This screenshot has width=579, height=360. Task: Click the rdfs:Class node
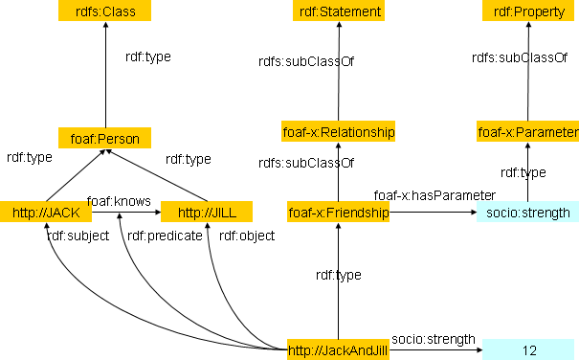[x=105, y=11]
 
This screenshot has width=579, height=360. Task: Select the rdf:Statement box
[x=339, y=11]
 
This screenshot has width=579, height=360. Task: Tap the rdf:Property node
[x=528, y=11]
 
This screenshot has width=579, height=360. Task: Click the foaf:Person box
[x=105, y=138]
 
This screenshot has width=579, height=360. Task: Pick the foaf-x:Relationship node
[x=338, y=131]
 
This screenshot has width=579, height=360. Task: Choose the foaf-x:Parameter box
[x=527, y=131]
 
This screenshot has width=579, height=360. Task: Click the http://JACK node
[x=46, y=212]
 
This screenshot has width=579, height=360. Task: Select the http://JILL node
[x=207, y=212]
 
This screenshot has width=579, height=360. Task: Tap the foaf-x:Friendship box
[x=338, y=212]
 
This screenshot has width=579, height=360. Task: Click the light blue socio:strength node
[x=527, y=212]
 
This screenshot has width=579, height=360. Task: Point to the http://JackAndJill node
[x=338, y=349]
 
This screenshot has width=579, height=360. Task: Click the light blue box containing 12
[x=528, y=349]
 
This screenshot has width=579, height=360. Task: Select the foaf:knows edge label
[x=119, y=201]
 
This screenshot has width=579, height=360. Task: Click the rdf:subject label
[x=78, y=236]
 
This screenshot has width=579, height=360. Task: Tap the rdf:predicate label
[x=165, y=236]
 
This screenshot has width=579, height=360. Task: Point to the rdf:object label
[x=247, y=236]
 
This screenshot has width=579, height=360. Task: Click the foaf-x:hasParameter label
[x=434, y=195]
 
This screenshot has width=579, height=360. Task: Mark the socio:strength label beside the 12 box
[x=434, y=339]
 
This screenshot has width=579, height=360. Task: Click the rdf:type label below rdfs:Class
[x=148, y=56]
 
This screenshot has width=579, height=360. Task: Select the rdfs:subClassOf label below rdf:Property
[x=520, y=57]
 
